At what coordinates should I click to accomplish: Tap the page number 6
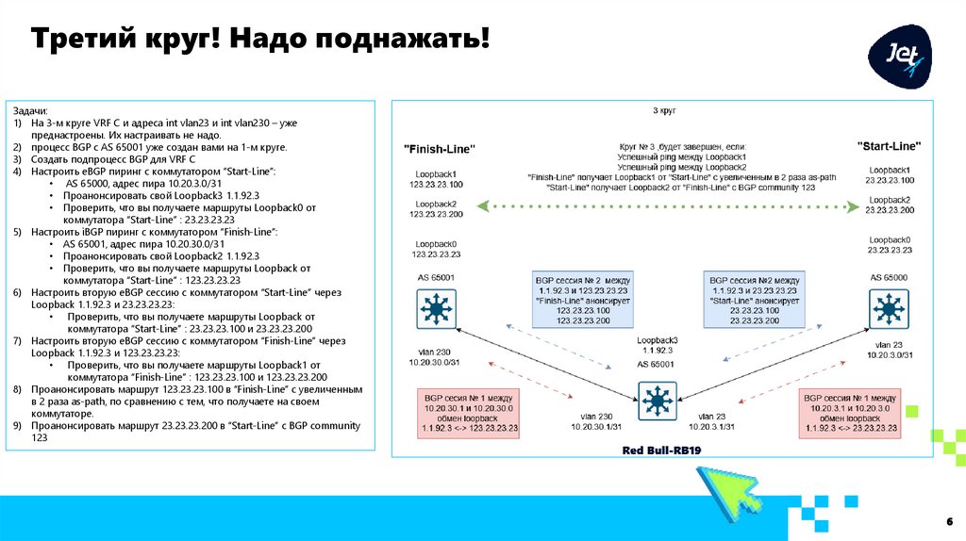(x=948, y=521)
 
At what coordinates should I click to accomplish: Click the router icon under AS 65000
(x=887, y=307)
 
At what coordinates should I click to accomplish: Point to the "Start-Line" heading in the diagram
(x=889, y=146)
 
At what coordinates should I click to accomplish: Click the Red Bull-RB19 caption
(x=662, y=451)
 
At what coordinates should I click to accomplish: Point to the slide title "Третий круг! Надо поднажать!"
(x=261, y=41)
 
